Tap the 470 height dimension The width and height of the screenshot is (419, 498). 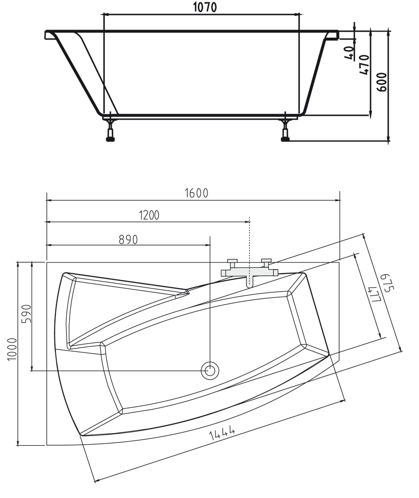click(364, 65)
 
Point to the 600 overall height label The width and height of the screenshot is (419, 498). click(381, 82)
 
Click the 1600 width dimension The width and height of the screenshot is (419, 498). click(196, 193)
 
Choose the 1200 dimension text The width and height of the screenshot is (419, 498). click(149, 215)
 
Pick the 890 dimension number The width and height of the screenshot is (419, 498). click(128, 239)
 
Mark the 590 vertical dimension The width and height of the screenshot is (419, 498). click(26, 314)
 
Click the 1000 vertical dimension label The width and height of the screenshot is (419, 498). click(12, 349)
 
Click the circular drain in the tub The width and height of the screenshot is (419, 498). click(210, 370)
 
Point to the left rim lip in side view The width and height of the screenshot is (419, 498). click(50, 35)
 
